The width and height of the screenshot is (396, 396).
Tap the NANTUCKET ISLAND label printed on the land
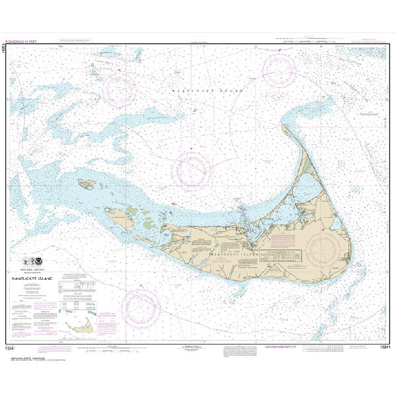point(230,253)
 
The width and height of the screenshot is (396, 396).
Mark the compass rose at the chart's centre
point(193,170)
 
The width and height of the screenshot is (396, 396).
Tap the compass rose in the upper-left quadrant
point(119,90)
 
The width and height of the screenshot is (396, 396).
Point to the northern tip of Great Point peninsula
point(284,126)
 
